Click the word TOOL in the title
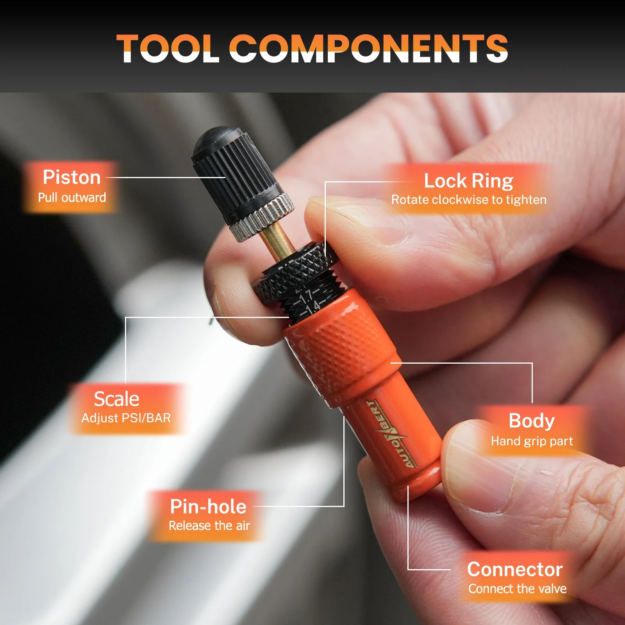pyautogui.click(x=168, y=48)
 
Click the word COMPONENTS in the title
pyautogui.click(x=371, y=48)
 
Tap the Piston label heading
pyautogui.click(x=72, y=177)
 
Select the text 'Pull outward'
pyautogui.click(x=72, y=197)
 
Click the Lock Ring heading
pyautogui.click(x=469, y=181)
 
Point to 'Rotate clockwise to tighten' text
pyautogui.click(x=469, y=200)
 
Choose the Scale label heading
pyautogui.click(x=116, y=399)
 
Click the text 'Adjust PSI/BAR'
pyautogui.click(x=126, y=418)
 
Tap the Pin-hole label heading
pyautogui.click(x=208, y=507)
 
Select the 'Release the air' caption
pyautogui.click(x=209, y=525)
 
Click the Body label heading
pyautogui.click(x=532, y=421)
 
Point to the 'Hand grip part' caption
pyautogui.click(x=532, y=441)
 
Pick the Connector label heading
pyautogui.click(x=515, y=569)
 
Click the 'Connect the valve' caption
pyautogui.click(x=517, y=588)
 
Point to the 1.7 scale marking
pyautogui.click(x=306, y=296)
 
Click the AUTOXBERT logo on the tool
pyautogui.click(x=391, y=434)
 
